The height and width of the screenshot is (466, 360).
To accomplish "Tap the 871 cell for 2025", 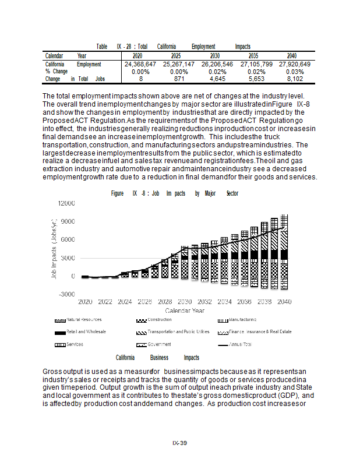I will pyautogui.click(x=179, y=79).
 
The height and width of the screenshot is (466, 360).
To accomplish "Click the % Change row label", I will pyautogui.click(x=57, y=71).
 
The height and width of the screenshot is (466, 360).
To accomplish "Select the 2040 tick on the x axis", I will pyautogui.click(x=284, y=302).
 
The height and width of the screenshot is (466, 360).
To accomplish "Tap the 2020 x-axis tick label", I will pyautogui.click(x=86, y=302).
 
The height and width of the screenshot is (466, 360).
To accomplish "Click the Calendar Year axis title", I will pyautogui.click(x=185, y=310).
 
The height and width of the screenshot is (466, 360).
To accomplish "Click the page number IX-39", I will pyautogui.click(x=179, y=443).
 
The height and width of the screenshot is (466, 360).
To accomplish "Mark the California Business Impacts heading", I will pyautogui.click(x=157, y=358).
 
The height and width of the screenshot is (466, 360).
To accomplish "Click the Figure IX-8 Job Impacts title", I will pyautogui.click(x=174, y=193).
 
